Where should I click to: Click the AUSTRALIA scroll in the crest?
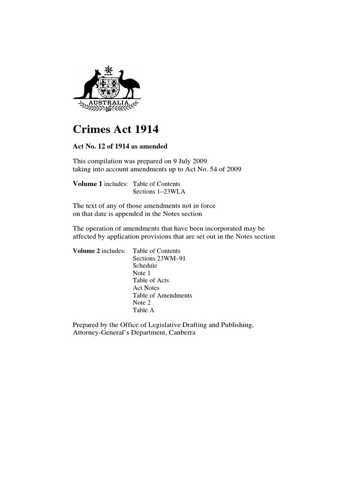tap(108, 102)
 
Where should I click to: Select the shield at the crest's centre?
tap(108, 87)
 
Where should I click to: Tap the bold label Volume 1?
tap(87, 184)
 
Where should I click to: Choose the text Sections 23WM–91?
tap(159, 258)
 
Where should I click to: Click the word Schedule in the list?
tap(145, 266)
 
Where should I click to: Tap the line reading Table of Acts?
tap(150, 280)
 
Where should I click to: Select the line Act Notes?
tap(146, 288)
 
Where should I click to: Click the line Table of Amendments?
tap(162, 295)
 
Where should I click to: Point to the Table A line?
tap(143, 310)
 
